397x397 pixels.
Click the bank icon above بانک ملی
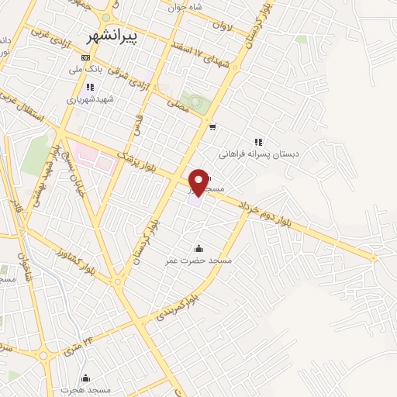click(x=85, y=57)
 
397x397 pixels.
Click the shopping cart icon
click(x=212, y=126)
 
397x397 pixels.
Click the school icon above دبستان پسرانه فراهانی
click(x=259, y=143)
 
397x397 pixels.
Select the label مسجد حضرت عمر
click(x=198, y=261)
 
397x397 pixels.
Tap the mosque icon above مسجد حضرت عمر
click(x=198, y=248)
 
